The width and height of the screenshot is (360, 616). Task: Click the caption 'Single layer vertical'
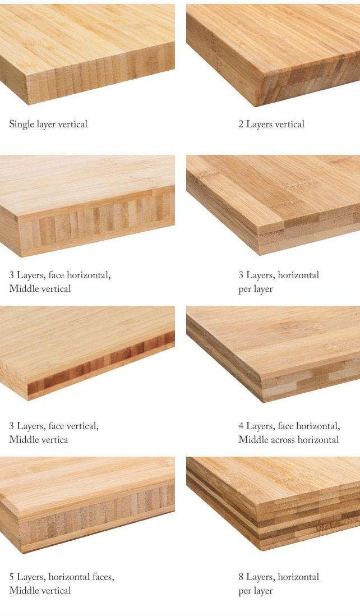click(48, 125)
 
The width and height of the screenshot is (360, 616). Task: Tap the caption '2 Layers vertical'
click(271, 125)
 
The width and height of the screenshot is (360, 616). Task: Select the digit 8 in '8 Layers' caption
click(241, 577)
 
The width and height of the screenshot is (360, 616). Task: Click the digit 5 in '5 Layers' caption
click(12, 577)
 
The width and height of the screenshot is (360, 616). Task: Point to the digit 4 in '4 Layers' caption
click(241, 426)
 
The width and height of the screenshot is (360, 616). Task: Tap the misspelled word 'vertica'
click(53, 440)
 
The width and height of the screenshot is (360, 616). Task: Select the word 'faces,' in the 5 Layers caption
click(101, 577)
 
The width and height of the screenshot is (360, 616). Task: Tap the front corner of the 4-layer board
click(262, 401)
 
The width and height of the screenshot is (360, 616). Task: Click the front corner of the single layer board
click(28, 104)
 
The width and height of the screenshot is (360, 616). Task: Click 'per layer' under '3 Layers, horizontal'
click(256, 289)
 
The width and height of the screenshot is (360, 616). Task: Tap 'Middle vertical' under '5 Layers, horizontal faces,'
click(40, 590)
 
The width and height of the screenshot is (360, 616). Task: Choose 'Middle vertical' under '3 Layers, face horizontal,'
click(40, 289)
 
